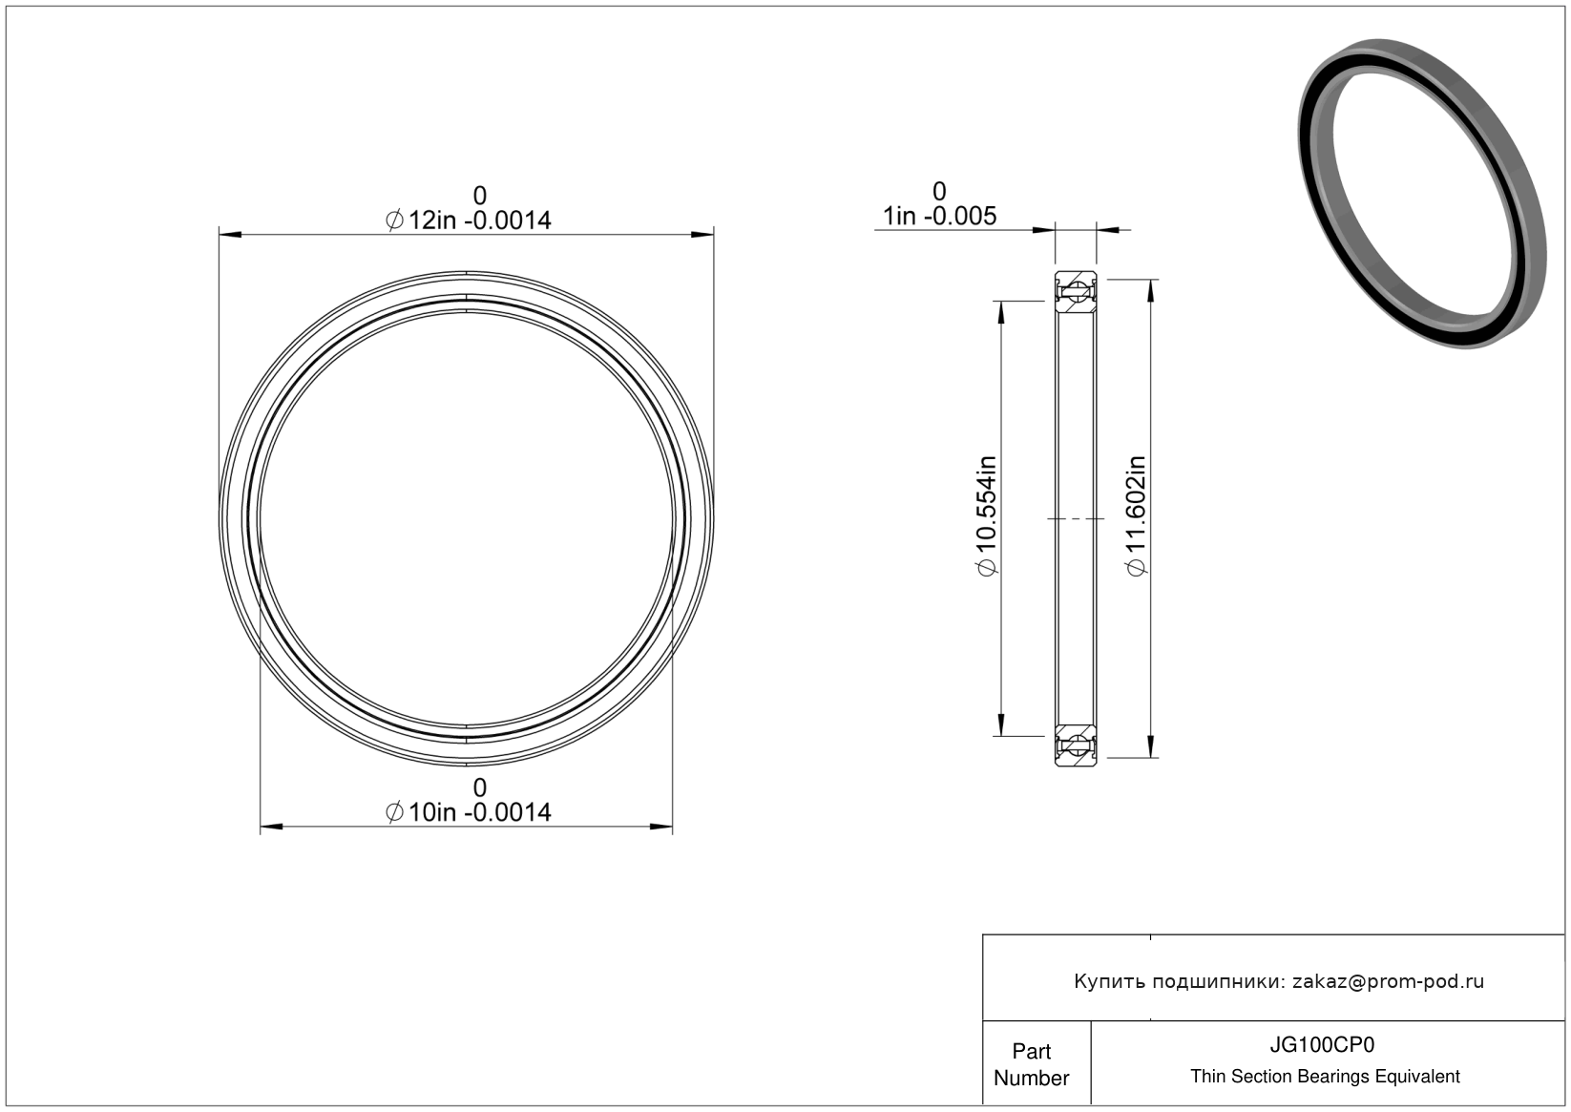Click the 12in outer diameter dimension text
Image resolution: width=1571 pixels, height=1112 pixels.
click(469, 220)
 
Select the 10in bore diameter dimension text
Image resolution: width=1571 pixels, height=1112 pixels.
click(469, 812)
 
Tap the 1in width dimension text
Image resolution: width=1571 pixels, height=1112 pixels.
click(939, 216)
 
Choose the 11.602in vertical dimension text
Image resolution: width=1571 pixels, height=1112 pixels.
click(1136, 515)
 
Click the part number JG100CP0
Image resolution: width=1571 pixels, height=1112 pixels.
click(1322, 1045)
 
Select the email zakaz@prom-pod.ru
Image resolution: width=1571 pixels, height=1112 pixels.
click(1388, 981)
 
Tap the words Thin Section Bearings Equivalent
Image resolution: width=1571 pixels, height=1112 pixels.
click(1325, 1077)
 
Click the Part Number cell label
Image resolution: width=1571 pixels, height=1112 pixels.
click(1031, 1064)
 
